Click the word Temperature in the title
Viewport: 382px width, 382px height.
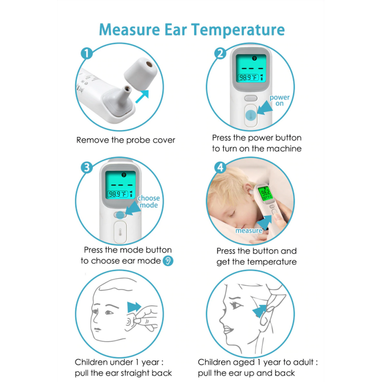pos(237,30)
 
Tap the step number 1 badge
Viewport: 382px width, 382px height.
pos(87,53)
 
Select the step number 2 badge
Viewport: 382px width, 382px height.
pos(220,53)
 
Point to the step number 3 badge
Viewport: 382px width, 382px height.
pos(87,168)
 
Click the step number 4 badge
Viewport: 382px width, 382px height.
pos(220,168)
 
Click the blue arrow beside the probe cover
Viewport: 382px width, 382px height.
pos(142,96)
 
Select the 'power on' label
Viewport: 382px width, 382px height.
pos(279,100)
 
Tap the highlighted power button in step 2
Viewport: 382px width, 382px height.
pos(251,115)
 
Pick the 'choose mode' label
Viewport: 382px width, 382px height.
pos(149,202)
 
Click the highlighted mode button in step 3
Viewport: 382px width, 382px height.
pos(120,215)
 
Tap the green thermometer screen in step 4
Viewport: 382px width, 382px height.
pos(265,193)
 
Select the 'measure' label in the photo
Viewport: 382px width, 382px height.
pos(249,231)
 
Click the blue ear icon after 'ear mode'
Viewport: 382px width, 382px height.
pos(168,261)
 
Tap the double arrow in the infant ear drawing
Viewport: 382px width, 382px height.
pos(134,307)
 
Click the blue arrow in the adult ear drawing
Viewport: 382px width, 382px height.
pos(260,311)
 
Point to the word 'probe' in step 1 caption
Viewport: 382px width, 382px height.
pos(138,140)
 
